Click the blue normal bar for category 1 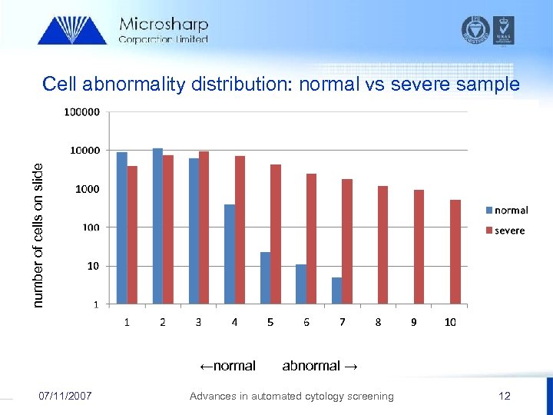click(122, 227)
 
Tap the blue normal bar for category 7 click(336, 290)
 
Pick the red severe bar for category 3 click(204, 227)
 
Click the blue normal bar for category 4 click(230, 254)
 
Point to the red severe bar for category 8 click(382, 244)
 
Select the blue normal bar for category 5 click(265, 277)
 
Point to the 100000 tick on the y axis click(81, 112)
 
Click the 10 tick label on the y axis click(91, 266)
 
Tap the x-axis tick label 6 click(306, 322)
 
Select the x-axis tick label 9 click(414, 322)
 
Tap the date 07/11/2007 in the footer click(65, 396)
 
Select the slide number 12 click(504, 396)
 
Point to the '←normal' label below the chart click(227, 366)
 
